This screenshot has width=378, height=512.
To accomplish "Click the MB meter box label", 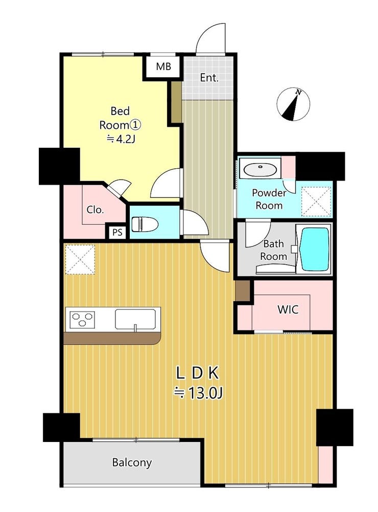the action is point(163,66).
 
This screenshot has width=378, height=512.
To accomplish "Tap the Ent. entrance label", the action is point(209,78).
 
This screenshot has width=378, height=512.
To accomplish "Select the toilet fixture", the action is point(145,225).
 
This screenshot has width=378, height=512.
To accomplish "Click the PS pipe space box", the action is point(117,232).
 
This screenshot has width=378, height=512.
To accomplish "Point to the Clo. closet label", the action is point(95,209).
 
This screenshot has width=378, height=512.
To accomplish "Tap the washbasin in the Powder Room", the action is point(261,169).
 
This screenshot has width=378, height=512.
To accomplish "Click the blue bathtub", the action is point(315,249).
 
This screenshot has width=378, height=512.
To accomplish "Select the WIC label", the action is point(288,309).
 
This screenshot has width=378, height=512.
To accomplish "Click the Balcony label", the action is point(132,463).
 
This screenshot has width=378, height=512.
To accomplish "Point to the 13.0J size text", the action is point(198,393).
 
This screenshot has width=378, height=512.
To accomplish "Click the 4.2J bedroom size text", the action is point(121,140).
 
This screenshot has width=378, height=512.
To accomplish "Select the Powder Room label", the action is point(269,199).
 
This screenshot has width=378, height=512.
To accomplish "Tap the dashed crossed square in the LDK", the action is point(80,260).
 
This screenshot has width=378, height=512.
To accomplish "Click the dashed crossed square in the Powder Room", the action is point(316,201).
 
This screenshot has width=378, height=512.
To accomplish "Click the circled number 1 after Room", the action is point(135,125).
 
